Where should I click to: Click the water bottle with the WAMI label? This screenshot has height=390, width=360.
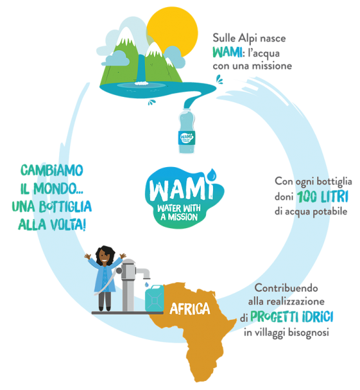click(186, 131)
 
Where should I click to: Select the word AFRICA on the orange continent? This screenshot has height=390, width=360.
click(190, 309)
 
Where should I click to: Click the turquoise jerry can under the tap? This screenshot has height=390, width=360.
click(155, 298)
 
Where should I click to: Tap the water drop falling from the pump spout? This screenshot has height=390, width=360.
click(147, 283)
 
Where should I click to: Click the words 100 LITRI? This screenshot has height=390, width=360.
click(322, 197)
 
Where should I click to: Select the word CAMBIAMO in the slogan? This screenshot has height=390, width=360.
click(52, 170)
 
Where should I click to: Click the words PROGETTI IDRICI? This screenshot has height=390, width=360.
click(292, 317)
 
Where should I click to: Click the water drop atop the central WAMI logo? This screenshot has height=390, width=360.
click(212, 174)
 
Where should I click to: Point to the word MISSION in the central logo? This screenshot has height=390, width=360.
click(183, 217)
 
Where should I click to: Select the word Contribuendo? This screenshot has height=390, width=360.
click(286, 288)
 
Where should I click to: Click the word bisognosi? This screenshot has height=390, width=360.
click(308, 333)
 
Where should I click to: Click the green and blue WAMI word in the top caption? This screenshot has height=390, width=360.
click(227, 52)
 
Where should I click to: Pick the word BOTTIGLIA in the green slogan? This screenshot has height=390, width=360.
click(66, 207)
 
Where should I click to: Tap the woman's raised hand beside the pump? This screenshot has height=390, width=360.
click(122, 255)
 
